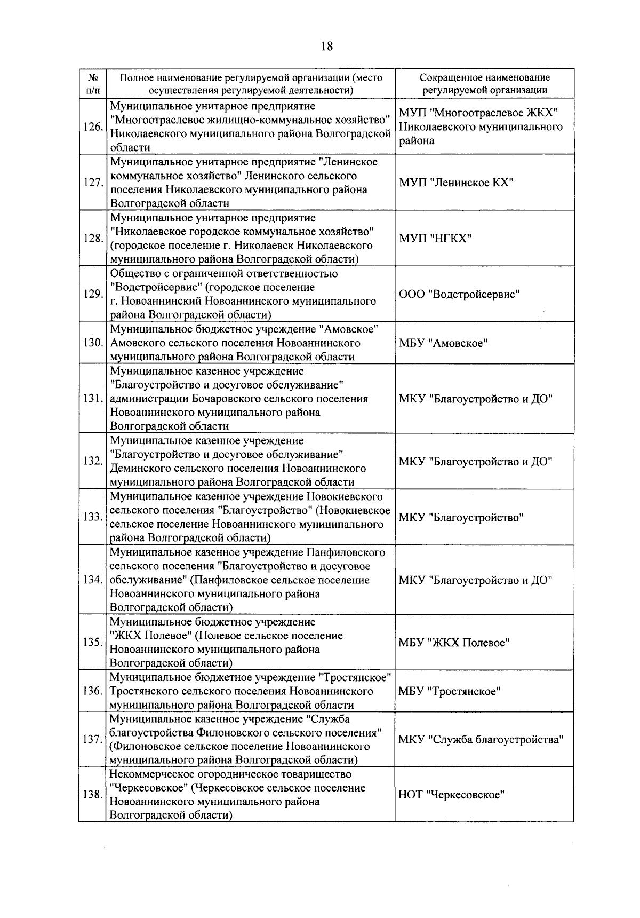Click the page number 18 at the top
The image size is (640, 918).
coord(326,46)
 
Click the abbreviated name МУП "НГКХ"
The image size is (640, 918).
coord(435,238)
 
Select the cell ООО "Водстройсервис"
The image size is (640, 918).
coord(459,294)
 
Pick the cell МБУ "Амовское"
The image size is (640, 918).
coord(443,343)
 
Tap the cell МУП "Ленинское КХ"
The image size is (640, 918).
coord(456,183)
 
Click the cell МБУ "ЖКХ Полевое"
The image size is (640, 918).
coord(454,642)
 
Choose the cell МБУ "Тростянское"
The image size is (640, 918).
coord(450,691)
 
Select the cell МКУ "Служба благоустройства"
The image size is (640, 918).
coord(481,740)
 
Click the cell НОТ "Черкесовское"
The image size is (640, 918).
coord(452,795)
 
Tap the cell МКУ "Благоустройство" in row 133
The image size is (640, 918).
coord(461,517)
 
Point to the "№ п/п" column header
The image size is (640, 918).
coord(92,84)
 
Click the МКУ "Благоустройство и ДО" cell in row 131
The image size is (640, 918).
coord(475,399)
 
